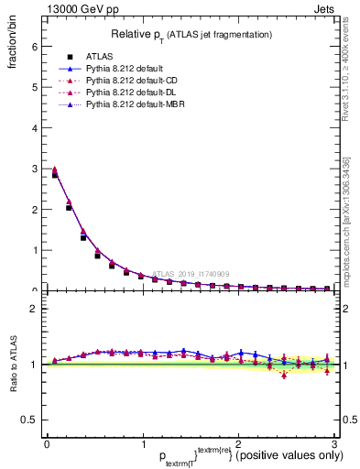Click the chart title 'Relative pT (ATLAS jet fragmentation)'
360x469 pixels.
pos(191,35)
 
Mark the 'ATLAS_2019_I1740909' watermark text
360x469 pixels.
pos(193,274)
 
